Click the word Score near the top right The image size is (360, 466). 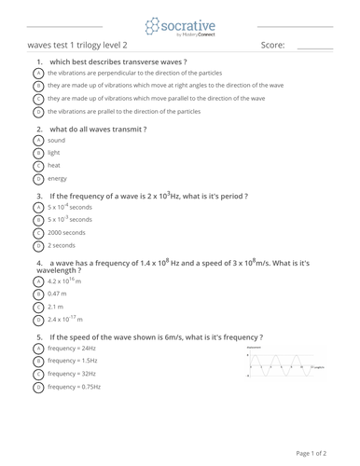[272, 45]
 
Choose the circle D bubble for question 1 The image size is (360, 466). [38, 110]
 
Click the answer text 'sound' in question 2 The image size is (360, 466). [57, 140]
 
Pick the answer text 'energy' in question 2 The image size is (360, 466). [58, 177]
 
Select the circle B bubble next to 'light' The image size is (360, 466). [38, 152]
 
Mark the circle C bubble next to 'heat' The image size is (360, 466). [38, 165]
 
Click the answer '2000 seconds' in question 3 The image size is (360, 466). [67, 233]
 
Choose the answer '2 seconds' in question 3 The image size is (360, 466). [62, 245]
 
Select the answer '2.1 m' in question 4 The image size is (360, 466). [57, 306]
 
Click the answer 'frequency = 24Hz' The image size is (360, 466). [72, 348]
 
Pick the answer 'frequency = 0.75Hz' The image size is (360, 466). [75, 386]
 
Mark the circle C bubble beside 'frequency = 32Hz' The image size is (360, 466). [38, 373]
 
